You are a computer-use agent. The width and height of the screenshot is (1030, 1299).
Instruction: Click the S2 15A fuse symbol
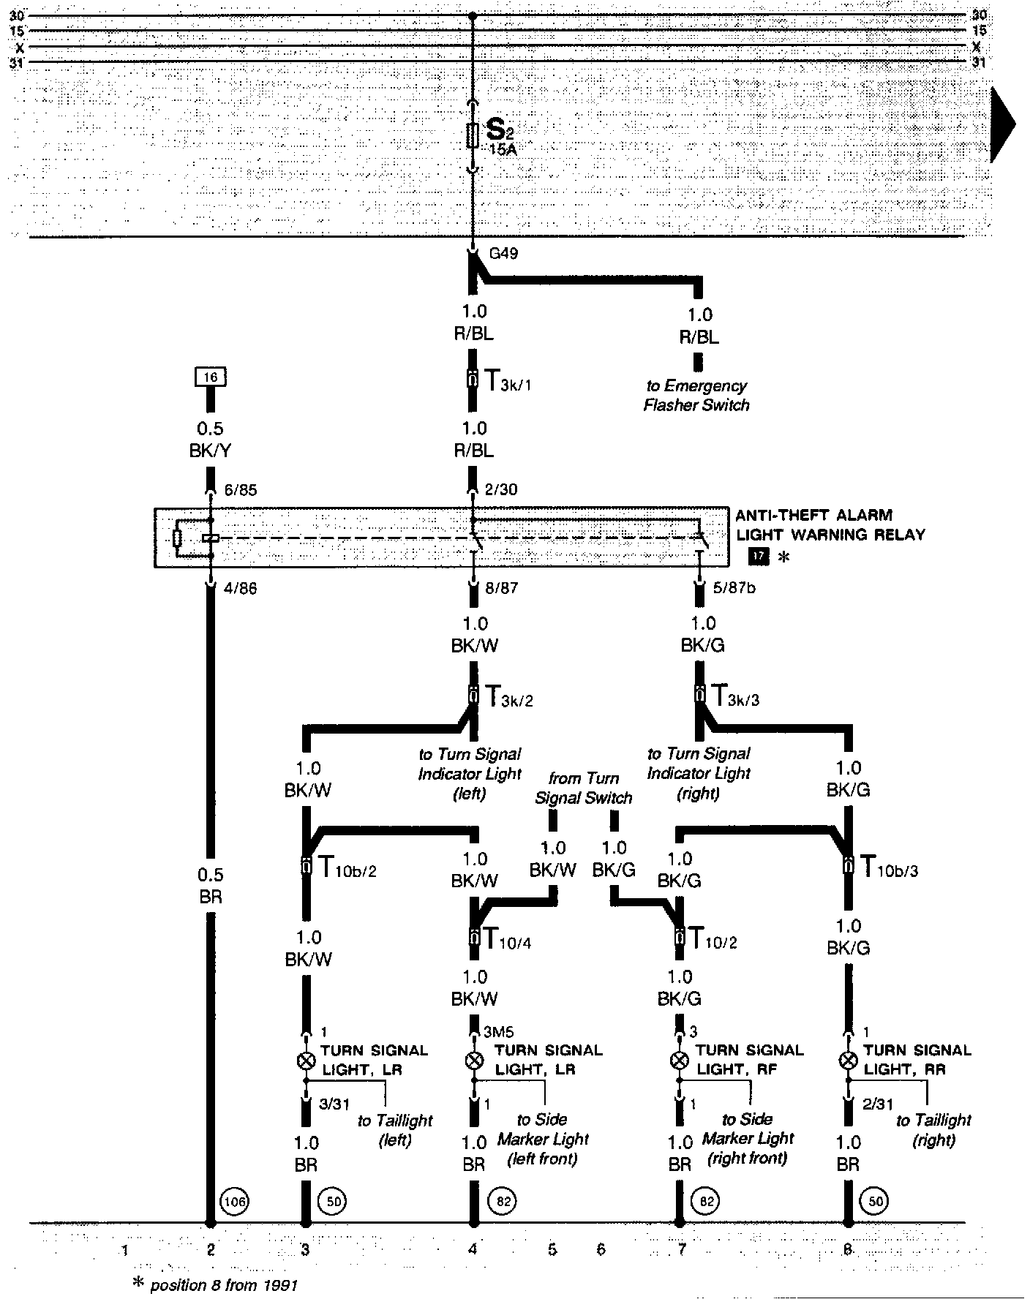click(473, 136)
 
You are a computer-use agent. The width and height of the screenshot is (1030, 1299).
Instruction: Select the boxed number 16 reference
click(211, 377)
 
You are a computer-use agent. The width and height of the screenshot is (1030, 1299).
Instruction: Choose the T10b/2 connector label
click(347, 867)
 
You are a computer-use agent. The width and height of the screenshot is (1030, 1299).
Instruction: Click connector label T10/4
click(505, 939)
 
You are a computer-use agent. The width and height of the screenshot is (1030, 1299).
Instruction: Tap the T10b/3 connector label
click(888, 867)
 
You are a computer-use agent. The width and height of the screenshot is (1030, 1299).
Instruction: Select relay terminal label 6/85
click(240, 490)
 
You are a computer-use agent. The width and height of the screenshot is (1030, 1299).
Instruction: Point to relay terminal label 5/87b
click(734, 587)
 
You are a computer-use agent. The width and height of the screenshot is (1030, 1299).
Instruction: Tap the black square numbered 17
click(759, 557)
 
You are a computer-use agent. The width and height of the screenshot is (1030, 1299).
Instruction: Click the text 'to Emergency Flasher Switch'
click(696, 395)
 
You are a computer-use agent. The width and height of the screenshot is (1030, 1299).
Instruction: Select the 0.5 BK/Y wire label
click(210, 440)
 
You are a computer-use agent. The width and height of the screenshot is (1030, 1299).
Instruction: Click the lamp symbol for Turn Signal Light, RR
click(848, 1060)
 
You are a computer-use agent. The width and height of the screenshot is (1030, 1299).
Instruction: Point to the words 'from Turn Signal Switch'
click(583, 788)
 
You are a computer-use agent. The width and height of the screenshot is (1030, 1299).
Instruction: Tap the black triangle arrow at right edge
click(1003, 124)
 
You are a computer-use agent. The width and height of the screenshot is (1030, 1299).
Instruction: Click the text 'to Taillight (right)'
click(933, 1130)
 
